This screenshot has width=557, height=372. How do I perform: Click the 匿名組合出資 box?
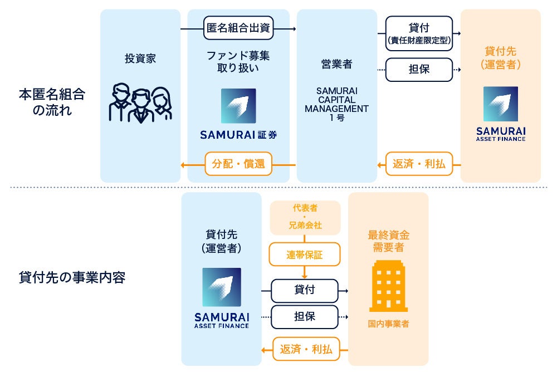coord(238,28)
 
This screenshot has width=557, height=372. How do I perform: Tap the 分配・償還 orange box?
coord(238,164)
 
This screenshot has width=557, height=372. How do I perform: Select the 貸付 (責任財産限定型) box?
coord(419,32)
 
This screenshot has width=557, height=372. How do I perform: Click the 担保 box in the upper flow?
coord(419,70)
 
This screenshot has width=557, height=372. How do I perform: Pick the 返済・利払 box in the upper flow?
coord(419,164)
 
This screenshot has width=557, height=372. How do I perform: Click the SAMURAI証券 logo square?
coord(238,106)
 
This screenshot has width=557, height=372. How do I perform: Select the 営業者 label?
coord(336,65)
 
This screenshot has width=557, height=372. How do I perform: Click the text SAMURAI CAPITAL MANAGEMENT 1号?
coord(336,104)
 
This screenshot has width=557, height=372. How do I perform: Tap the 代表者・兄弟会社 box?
coord(305,217)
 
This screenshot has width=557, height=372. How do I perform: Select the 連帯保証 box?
coord(305,254)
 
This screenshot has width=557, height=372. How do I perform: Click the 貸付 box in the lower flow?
coord(305,290)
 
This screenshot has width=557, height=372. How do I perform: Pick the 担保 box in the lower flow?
coord(305,316)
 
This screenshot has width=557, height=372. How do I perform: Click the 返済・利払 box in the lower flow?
coord(306,349)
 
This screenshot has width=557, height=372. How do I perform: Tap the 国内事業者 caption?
coord(388,324)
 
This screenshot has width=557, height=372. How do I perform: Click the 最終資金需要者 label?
coord(388,241)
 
